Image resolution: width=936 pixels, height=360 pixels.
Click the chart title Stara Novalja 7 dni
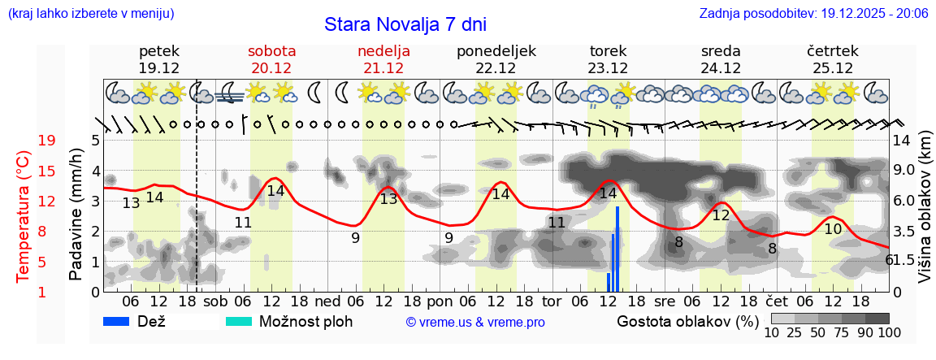click(x=405, y=24)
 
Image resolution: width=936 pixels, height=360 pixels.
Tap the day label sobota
click(x=271, y=50)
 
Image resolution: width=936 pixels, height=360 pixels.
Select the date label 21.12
click(x=383, y=68)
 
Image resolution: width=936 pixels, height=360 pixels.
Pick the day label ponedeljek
click(x=496, y=50)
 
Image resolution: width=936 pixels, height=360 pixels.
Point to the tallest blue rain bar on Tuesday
click(x=617, y=248)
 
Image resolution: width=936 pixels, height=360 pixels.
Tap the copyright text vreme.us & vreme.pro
click(x=475, y=323)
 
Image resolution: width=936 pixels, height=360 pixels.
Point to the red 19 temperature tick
click(x=47, y=141)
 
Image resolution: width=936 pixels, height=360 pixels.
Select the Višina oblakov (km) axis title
click(x=925, y=215)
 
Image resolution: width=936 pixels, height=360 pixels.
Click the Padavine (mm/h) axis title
click(x=76, y=215)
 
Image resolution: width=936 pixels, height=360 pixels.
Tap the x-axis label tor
click(x=552, y=301)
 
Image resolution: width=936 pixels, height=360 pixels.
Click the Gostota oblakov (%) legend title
click(x=686, y=321)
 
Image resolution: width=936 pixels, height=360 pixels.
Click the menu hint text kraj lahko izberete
click(x=90, y=14)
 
